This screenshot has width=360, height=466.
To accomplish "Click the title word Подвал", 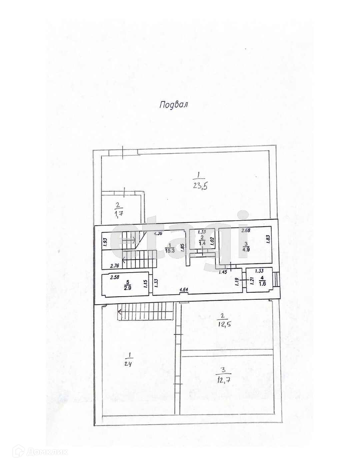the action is (x=174, y=105).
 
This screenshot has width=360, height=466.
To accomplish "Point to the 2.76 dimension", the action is (x=115, y=266).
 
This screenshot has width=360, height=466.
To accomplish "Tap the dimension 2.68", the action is (x=246, y=230).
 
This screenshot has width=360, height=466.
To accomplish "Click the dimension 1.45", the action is (x=223, y=272).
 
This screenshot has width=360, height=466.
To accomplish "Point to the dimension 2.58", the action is (x=115, y=277).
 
